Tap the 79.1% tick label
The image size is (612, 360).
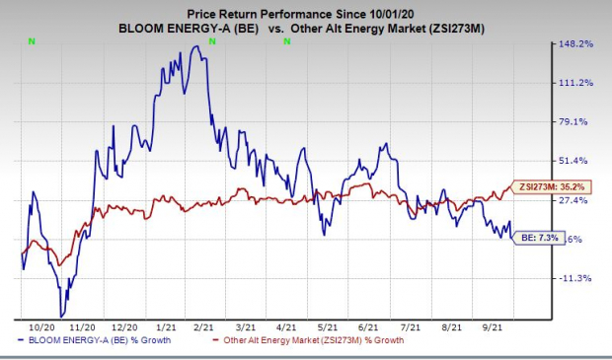click(573, 122)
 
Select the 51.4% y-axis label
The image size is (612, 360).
click(573, 161)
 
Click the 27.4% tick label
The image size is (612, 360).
click(573, 200)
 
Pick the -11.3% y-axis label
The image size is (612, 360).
click(575, 278)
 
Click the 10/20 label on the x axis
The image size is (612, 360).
click(41, 327)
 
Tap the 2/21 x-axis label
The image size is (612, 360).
click(203, 327)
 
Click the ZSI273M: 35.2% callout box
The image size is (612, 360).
click(551, 186)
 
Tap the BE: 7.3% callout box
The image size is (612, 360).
click(538, 237)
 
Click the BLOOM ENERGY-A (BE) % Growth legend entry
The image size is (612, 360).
click(95, 340)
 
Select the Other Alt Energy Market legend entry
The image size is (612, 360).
click(308, 340)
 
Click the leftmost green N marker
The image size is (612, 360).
click(32, 41)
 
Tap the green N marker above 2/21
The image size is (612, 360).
click(212, 41)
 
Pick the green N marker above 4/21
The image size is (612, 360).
click(287, 41)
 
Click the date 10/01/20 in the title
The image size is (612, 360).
click(391, 15)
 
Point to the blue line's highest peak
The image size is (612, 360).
click(197, 46)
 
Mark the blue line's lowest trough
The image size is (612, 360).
click(61, 317)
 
